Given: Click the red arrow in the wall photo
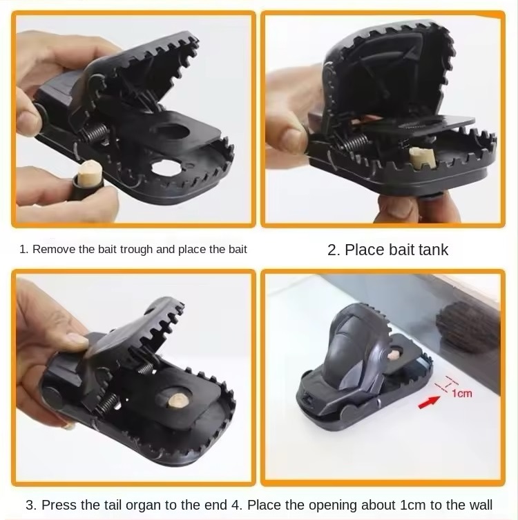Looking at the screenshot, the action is [429, 403].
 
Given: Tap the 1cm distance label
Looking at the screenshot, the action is [461, 393].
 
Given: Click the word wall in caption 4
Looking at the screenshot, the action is [481, 505].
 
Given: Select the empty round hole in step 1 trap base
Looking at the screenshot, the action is [166, 168].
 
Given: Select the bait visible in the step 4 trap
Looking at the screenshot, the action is [394, 355].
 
